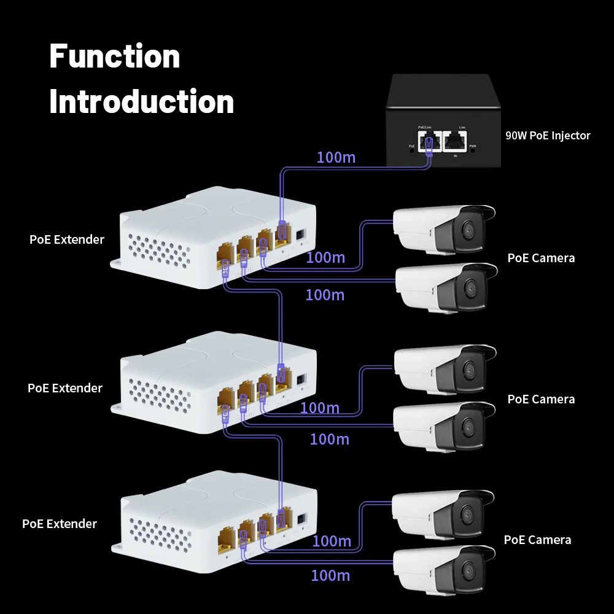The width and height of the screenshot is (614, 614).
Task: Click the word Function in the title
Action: click(x=114, y=56)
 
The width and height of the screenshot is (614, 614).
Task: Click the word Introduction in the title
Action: click(x=141, y=101)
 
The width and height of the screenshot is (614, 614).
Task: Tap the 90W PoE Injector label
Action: click(x=548, y=136)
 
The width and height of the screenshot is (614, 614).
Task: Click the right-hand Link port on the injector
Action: click(x=454, y=141)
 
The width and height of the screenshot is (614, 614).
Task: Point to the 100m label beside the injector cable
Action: click(x=336, y=157)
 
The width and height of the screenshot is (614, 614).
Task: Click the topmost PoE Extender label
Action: click(x=67, y=239)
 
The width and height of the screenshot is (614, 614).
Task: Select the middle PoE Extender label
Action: click(x=65, y=388)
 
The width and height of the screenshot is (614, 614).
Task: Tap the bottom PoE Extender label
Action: click(x=60, y=524)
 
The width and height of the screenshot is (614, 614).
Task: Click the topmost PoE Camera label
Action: click(x=541, y=258)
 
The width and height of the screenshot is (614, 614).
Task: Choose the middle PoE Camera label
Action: click(x=541, y=399)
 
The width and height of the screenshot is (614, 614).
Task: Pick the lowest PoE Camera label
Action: click(x=537, y=540)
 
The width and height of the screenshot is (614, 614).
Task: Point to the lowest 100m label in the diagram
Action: click(x=330, y=575)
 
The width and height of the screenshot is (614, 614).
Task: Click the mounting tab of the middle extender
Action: click(x=117, y=408)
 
